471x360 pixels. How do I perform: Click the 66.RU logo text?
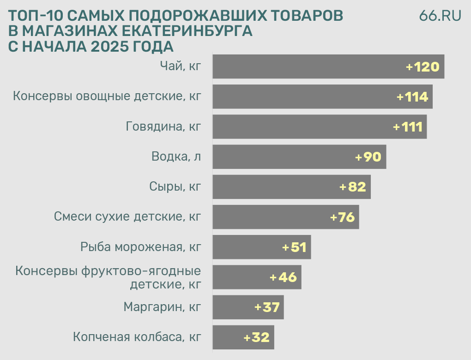[440, 15]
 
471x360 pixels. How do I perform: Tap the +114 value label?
[412, 97]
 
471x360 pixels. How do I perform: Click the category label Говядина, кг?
[163, 127]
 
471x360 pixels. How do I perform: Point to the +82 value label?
[352, 187]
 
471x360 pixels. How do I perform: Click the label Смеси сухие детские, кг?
[127, 217]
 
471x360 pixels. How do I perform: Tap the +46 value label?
[283, 277]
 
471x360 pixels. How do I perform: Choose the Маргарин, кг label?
[163, 307]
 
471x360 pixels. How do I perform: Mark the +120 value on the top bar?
[422, 67]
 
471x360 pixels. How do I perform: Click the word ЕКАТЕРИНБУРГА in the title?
[190, 31]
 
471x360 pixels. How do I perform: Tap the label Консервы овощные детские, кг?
[107, 97]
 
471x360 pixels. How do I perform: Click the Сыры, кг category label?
[175, 187]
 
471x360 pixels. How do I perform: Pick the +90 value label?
[368, 157]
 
